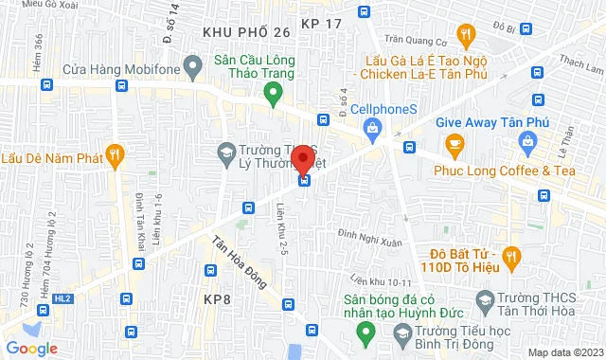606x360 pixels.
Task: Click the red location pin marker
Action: coord(303,159)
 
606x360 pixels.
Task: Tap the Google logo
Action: coord(31,348)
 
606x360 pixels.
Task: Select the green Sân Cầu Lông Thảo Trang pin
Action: coord(274,93)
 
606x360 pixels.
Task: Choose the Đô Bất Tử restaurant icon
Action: coord(512,255)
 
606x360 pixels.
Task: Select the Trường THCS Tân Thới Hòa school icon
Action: coord(485,301)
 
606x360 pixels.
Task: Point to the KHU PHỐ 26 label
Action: coord(246,32)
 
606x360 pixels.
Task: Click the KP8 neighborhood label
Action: coord(218,299)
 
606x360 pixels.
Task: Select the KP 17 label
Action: coord(322,21)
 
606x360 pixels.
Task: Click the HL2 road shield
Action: coord(62,298)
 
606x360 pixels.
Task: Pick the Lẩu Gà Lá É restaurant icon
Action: coord(464,36)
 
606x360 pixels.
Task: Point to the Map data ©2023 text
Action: coord(563,352)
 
